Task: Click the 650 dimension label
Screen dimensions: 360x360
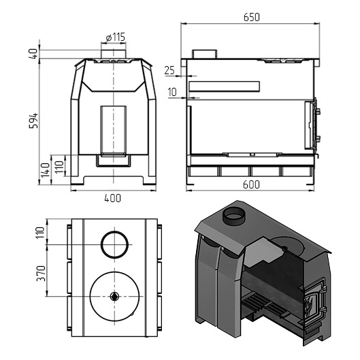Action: [252, 18]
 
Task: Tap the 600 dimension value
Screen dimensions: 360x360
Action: [251, 184]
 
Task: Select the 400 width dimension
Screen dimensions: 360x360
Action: [112, 198]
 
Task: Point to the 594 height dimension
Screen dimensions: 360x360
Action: [33, 120]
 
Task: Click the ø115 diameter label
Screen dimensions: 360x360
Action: [116, 37]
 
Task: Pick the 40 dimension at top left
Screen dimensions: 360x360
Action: [33, 54]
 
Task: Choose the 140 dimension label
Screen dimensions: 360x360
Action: [45, 170]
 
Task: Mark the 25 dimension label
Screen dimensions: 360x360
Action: [169, 71]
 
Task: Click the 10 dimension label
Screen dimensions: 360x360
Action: [172, 92]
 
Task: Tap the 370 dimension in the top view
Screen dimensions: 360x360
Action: [42, 273]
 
